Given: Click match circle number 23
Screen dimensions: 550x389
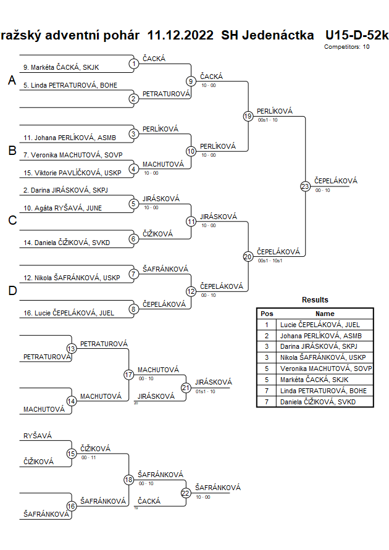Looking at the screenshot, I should point(305,186).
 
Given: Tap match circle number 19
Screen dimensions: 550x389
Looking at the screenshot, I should point(248,116).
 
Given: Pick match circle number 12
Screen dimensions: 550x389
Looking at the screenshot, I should point(191,291).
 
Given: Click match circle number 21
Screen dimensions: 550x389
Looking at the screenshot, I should point(186,387).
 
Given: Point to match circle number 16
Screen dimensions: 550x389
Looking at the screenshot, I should point(72,506).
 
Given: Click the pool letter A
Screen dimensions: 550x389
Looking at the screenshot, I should point(12,81).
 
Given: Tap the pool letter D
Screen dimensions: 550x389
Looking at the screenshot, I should point(12,291).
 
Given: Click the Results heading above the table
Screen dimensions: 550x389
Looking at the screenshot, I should point(315,300).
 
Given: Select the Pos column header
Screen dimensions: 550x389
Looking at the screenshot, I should point(267,314).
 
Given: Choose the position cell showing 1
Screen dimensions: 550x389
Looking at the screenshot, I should point(267,324).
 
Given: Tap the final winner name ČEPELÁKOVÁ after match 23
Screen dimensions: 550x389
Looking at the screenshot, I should point(336,180).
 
